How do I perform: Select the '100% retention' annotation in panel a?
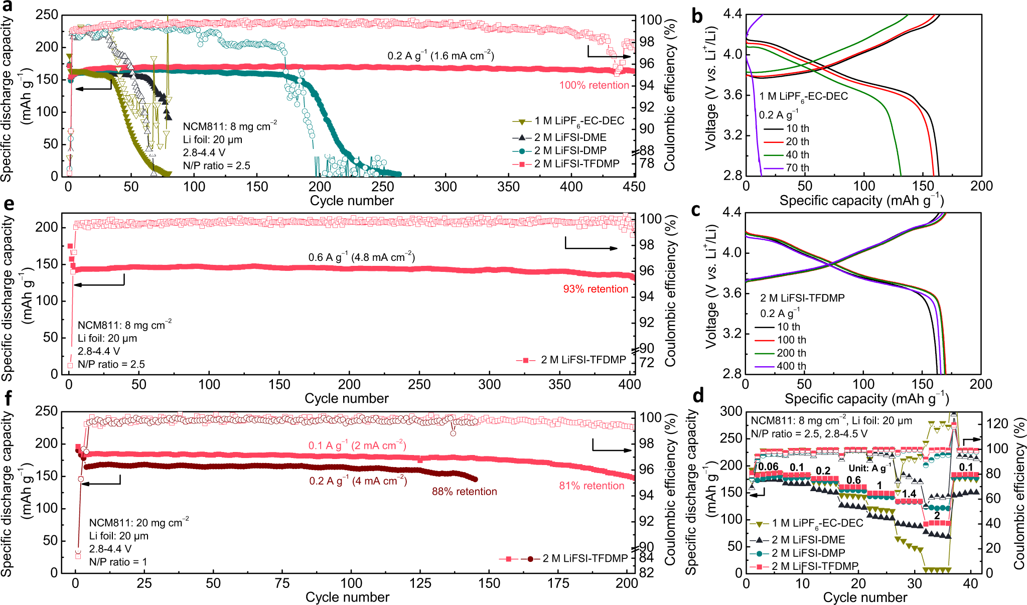[x=594, y=85]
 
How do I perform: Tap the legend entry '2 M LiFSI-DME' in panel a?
[x=570, y=137]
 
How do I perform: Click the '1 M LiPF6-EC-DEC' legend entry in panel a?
[x=579, y=121]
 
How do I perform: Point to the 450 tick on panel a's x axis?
[x=634, y=187]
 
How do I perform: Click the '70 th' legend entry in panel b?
[x=797, y=168]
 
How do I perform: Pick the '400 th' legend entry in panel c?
[x=791, y=366]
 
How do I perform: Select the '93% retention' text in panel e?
[x=596, y=289]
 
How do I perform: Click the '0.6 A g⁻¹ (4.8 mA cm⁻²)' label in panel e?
[x=361, y=257]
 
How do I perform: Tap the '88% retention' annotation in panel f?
[x=464, y=492]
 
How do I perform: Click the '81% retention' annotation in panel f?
[x=592, y=486]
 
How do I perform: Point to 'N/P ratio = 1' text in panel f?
[x=118, y=562]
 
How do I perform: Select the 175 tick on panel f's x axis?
[x=558, y=583]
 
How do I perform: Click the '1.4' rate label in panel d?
[x=909, y=494]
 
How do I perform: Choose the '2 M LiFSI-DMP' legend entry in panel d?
[x=808, y=553]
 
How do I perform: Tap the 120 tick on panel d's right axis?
[x=996, y=424]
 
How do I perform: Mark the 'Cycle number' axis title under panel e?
[x=346, y=398]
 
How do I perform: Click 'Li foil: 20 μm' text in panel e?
[x=107, y=339]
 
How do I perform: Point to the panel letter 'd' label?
[x=697, y=396]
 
